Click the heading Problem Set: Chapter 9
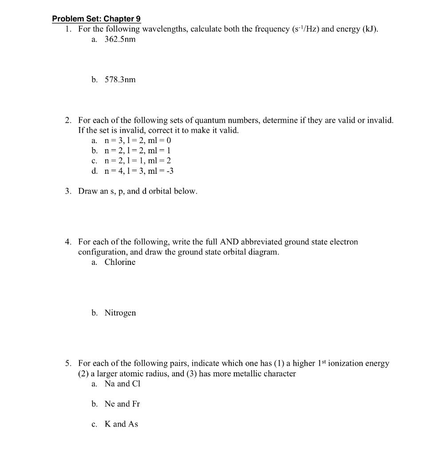tap(96, 19)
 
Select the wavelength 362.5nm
tap(120, 39)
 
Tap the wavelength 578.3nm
tap(120, 80)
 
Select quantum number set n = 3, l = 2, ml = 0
tap(138, 140)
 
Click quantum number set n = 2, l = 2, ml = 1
tap(138, 151)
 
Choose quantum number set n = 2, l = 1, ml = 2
tap(138, 161)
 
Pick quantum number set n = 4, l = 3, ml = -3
tap(139, 171)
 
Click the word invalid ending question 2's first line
tap(380, 120)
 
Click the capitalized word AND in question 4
tap(229, 242)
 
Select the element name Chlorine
tap(120, 262)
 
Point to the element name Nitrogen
tap(120, 313)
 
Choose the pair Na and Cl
tap(122, 384)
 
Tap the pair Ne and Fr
tap(122, 404)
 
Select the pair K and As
tap(121, 424)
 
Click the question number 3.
tap(67, 192)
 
